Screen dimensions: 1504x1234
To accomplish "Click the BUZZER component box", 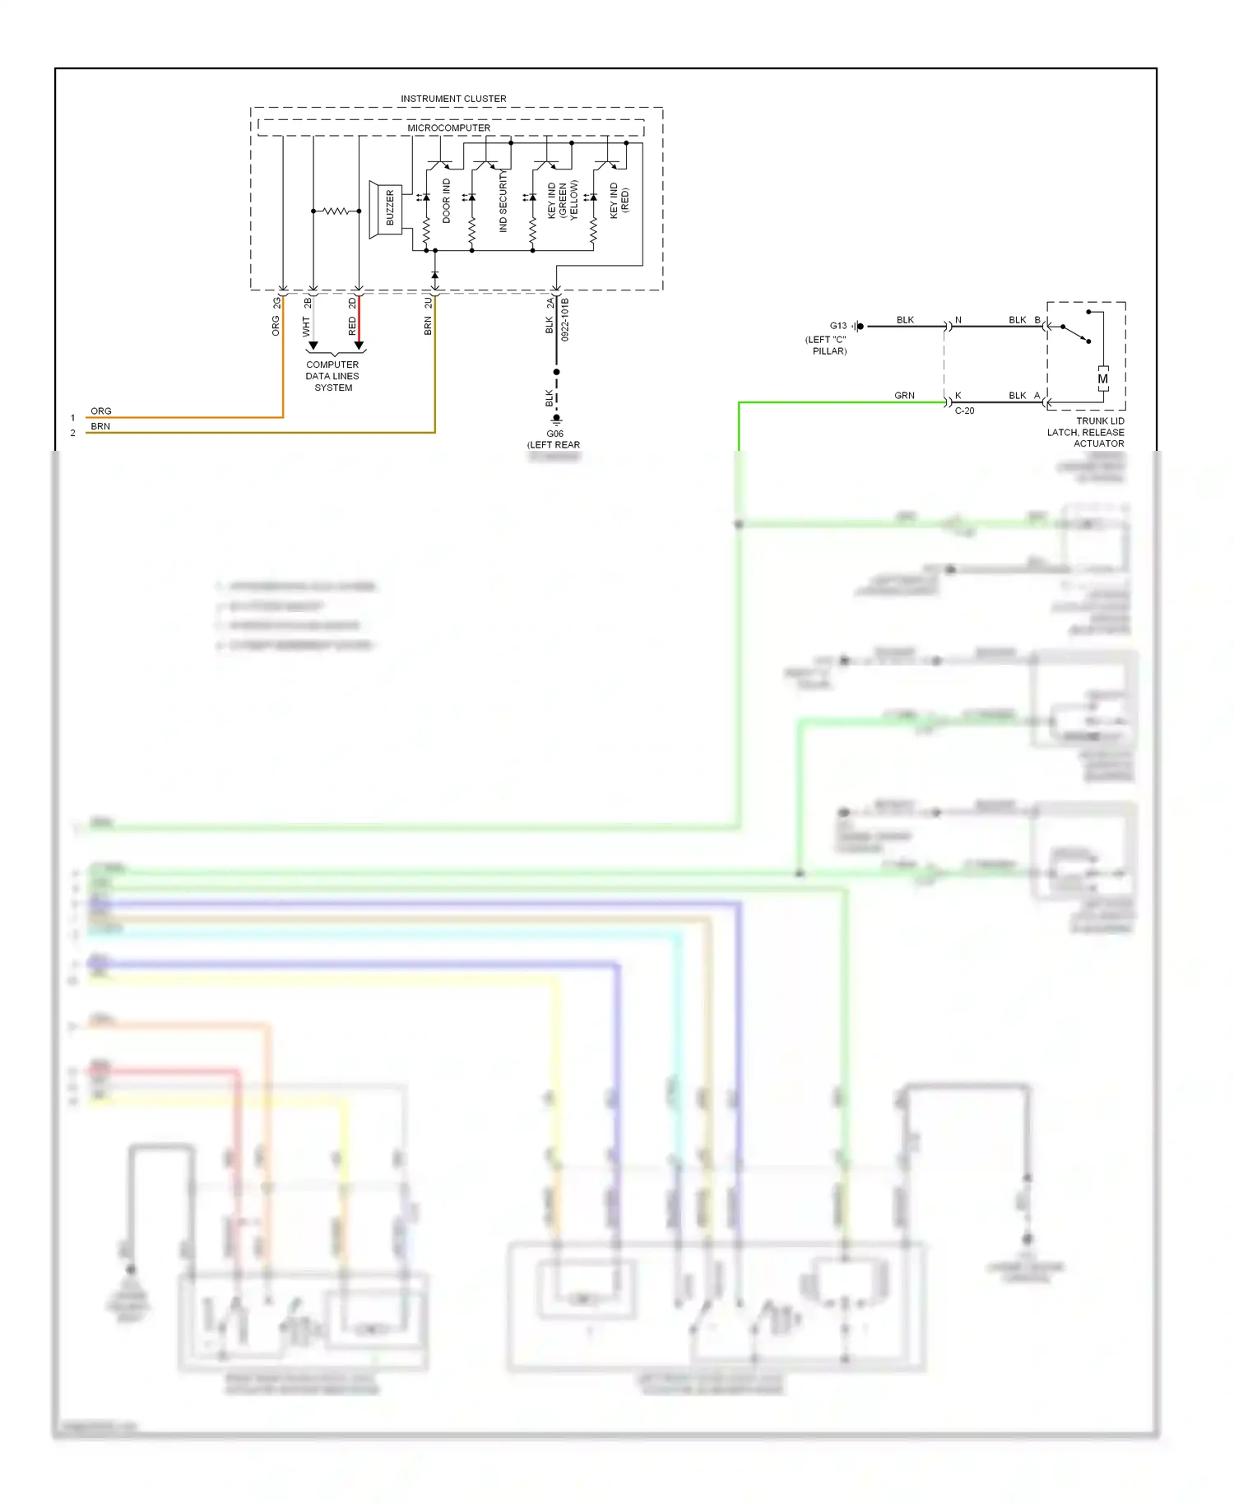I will click(389, 209).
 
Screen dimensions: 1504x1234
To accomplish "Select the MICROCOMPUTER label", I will click(448, 128).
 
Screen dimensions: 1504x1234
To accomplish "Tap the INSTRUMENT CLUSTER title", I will click(453, 99).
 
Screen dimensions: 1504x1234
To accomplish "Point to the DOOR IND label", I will click(447, 201).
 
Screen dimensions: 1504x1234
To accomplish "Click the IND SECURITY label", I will click(503, 202).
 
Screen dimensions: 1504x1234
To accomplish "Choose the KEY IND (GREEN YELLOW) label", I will click(563, 201).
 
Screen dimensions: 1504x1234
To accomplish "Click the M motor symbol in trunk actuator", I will click(1102, 379).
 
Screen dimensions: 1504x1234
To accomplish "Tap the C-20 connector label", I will click(964, 411).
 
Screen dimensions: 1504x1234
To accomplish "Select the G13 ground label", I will click(837, 326).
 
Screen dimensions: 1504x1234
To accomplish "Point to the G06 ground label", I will click(555, 434).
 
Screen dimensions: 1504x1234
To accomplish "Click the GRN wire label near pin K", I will click(904, 396).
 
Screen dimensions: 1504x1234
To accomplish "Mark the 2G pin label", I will click(277, 303).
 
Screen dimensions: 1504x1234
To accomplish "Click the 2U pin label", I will click(429, 304).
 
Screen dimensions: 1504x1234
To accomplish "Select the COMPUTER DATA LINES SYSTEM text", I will click(332, 376).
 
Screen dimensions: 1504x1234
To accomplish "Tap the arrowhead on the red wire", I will click(359, 346).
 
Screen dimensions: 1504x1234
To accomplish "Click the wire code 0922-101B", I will click(565, 320).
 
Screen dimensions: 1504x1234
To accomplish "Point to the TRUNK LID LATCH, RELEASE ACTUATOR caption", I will click(1086, 432).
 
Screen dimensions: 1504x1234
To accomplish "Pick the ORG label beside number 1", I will click(101, 411).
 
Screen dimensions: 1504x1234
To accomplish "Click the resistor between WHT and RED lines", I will click(336, 211).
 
